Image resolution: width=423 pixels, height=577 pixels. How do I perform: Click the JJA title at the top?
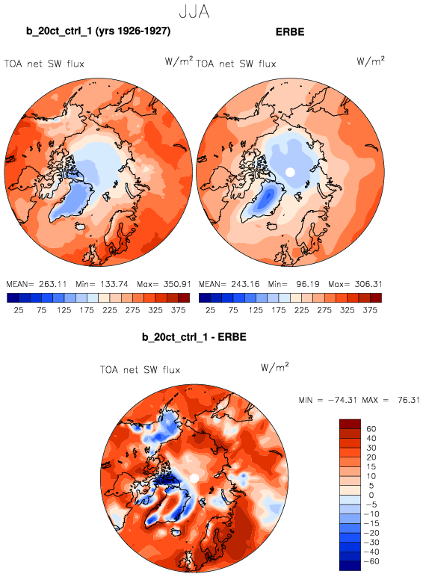[x=194, y=12]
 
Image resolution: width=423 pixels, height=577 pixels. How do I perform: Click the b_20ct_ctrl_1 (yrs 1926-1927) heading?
[x=98, y=31]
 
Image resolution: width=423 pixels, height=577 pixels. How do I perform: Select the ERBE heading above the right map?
[x=290, y=32]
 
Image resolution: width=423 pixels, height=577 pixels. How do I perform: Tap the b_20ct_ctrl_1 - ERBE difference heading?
[x=194, y=337]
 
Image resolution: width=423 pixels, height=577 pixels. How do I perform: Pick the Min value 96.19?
[x=308, y=284]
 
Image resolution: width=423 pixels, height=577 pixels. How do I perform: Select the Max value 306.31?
[x=368, y=284]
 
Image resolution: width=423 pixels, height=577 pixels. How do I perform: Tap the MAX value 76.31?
[x=409, y=400]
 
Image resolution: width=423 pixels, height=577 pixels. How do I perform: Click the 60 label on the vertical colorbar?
[x=371, y=429]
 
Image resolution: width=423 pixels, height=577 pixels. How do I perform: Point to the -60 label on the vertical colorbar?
[x=371, y=561]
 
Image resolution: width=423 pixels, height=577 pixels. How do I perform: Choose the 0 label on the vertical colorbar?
[x=371, y=495]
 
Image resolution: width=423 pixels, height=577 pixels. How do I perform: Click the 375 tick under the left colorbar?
[x=179, y=310]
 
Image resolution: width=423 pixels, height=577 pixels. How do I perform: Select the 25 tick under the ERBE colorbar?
[x=211, y=310]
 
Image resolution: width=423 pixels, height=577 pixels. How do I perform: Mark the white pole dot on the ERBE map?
[x=290, y=172]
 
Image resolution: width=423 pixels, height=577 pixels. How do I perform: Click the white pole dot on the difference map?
[x=194, y=478]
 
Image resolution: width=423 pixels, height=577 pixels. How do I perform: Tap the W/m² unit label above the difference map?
[x=275, y=367]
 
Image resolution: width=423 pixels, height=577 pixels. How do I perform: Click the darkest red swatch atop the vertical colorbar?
[x=350, y=424]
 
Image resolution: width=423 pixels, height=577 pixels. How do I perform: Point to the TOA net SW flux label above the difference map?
[x=141, y=370]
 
